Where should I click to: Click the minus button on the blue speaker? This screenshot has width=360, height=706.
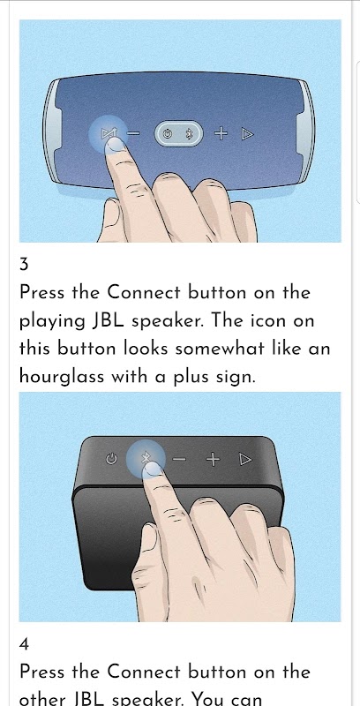point(133,134)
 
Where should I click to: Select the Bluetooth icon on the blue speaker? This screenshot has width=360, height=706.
point(190,134)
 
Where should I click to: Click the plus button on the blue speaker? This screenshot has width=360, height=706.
point(221,133)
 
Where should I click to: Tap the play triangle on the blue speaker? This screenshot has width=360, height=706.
point(247,134)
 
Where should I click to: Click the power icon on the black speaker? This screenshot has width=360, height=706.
point(111,459)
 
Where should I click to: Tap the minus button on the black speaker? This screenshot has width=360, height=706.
point(179,459)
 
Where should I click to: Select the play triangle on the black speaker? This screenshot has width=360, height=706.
point(245,459)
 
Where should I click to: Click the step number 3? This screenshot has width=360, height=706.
point(24,265)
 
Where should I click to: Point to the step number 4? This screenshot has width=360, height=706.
point(25,644)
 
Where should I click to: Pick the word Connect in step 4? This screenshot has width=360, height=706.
point(145,672)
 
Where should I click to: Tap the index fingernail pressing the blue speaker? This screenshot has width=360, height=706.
point(116,145)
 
